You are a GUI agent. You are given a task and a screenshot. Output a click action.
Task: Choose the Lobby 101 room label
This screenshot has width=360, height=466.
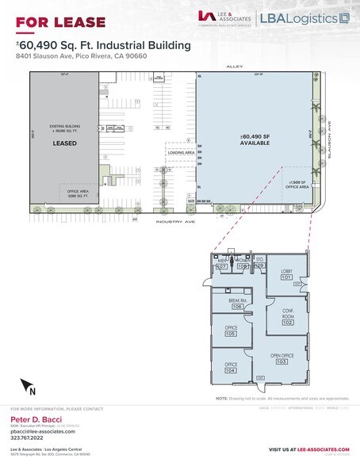287,274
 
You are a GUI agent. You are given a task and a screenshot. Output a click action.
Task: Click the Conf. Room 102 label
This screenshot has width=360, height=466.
287,315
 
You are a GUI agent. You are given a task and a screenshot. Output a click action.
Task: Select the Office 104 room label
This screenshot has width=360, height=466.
231,367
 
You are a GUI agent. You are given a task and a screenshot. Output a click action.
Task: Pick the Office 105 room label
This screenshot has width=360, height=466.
231,331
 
